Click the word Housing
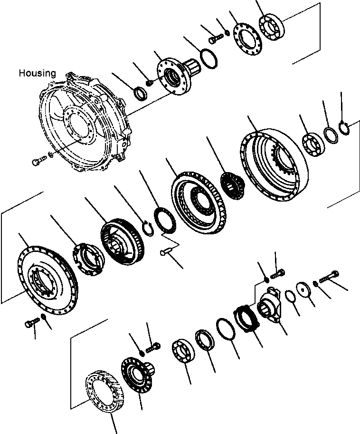(x=37, y=73)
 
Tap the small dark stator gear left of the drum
(x=232, y=184)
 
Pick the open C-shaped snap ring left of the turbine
(x=148, y=227)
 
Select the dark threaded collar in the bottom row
(x=247, y=320)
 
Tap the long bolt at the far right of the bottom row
(x=328, y=276)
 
